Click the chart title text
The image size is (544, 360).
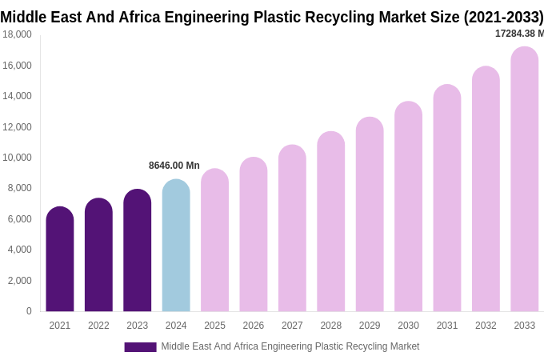(271, 17)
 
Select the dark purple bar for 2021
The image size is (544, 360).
(60, 260)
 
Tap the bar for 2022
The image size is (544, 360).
(98, 256)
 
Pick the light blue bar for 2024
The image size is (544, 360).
(176, 246)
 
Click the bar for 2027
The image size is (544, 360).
(292, 229)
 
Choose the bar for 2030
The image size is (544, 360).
(408, 207)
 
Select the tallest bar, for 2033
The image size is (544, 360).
(524, 180)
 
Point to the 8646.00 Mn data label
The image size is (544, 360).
(174, 166)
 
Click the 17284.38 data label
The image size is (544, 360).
(518, 34)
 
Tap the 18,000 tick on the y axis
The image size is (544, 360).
(17, 34)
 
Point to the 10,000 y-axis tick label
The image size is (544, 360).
(17, 158)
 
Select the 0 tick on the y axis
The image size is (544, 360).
(29, 311)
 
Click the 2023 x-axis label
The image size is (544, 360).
(137, 326)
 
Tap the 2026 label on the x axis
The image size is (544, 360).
(254, 326)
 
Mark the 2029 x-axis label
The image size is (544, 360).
(370, 326)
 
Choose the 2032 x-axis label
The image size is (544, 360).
(486, 326)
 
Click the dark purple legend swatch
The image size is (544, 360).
(140, 346)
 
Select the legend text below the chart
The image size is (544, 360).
(290, 346)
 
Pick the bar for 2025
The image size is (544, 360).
(214, 241)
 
